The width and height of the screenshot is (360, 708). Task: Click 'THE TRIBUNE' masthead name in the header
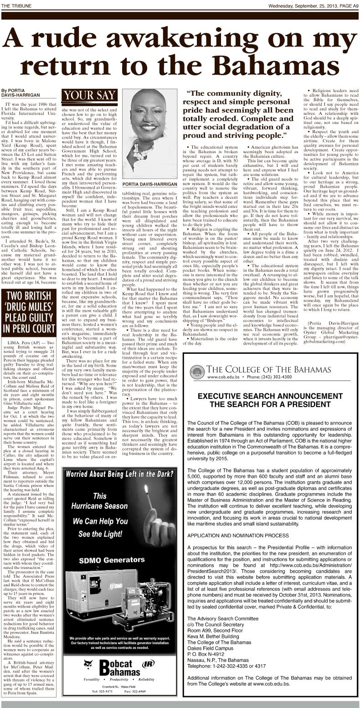click(15, 5)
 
